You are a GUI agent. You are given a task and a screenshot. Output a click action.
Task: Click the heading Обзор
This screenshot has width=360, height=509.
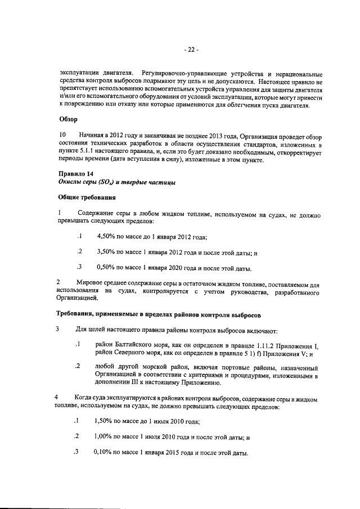click(69, 119)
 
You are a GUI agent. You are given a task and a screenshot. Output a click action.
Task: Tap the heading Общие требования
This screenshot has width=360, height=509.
click(87, 197)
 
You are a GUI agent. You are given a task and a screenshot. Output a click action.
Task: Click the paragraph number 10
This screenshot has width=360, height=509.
click(63, 136)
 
